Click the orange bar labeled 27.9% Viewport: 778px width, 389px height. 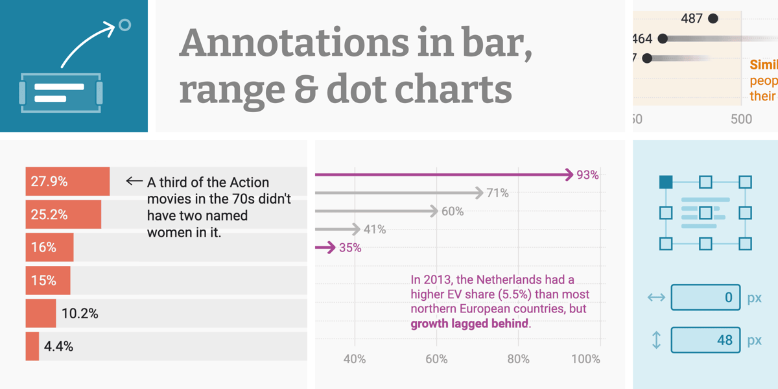67,182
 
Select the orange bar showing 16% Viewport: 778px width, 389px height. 49,248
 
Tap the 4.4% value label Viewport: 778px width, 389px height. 58,346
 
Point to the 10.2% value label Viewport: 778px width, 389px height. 80,314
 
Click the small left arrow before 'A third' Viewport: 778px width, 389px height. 134,182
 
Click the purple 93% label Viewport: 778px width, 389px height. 587,175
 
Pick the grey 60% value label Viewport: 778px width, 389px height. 452,211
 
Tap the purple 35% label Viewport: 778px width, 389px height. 350,248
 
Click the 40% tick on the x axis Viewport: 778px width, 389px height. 354,359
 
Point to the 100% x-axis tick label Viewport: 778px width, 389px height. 586,359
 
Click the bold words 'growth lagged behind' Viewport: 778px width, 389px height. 470,324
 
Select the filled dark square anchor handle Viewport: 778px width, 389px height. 666,182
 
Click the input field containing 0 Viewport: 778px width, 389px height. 705,298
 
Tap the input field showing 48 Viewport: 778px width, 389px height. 705,340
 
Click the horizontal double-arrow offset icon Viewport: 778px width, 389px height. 656,298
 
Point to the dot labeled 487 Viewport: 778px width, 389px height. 713,19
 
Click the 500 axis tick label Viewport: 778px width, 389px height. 741,119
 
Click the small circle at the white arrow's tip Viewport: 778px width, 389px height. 125,25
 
